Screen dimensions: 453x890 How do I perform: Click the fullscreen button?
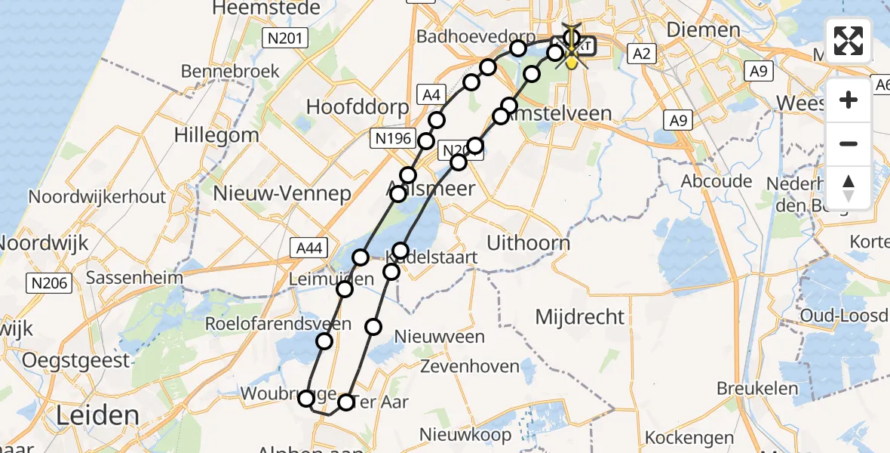point(849,41)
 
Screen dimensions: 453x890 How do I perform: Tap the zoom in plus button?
point(849,100)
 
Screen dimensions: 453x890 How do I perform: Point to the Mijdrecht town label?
point(580,316)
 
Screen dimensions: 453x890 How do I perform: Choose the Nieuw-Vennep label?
point(282,193)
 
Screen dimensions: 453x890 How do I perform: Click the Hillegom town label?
point(216,135)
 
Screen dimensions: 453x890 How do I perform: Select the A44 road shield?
point(307,246)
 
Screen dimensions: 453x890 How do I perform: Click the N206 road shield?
point(49,284)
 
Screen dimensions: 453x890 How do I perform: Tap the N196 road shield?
point(391,137)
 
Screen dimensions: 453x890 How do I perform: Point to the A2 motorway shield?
point(642,54)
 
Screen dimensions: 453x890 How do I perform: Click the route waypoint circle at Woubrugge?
point(306,399)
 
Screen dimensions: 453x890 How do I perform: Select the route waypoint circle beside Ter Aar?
point(345,402)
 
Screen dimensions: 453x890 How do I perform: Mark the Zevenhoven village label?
point(470,367)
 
